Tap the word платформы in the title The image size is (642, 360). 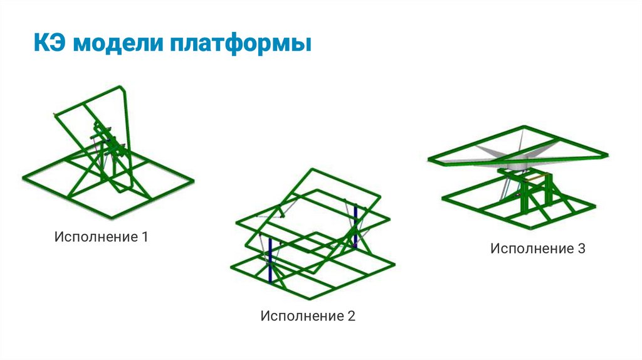coord(241,46)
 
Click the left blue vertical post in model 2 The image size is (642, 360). coord(270,260)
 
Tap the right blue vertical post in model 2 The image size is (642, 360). coord(355,220)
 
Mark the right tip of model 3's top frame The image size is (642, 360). coord(607,154)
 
